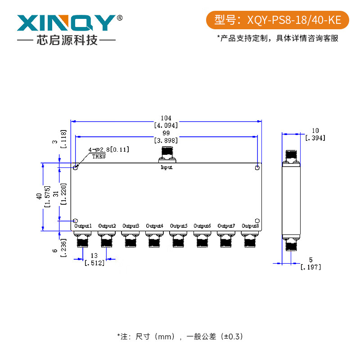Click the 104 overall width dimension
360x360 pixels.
(166, 117)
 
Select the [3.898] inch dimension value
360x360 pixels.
(166, 140)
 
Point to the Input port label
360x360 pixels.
(166, 167)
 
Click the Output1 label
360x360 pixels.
(83, 225)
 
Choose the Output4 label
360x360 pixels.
(155, 225)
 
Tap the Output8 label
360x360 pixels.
(250, 225)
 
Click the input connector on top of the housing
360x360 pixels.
(166, 156)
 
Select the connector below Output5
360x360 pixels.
(179, 240)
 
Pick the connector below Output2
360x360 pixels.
(107, 240)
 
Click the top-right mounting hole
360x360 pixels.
(257, 168)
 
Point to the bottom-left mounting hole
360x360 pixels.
(76, 220)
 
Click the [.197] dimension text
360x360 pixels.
(310, 267)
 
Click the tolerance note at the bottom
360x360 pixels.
(180, 336)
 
